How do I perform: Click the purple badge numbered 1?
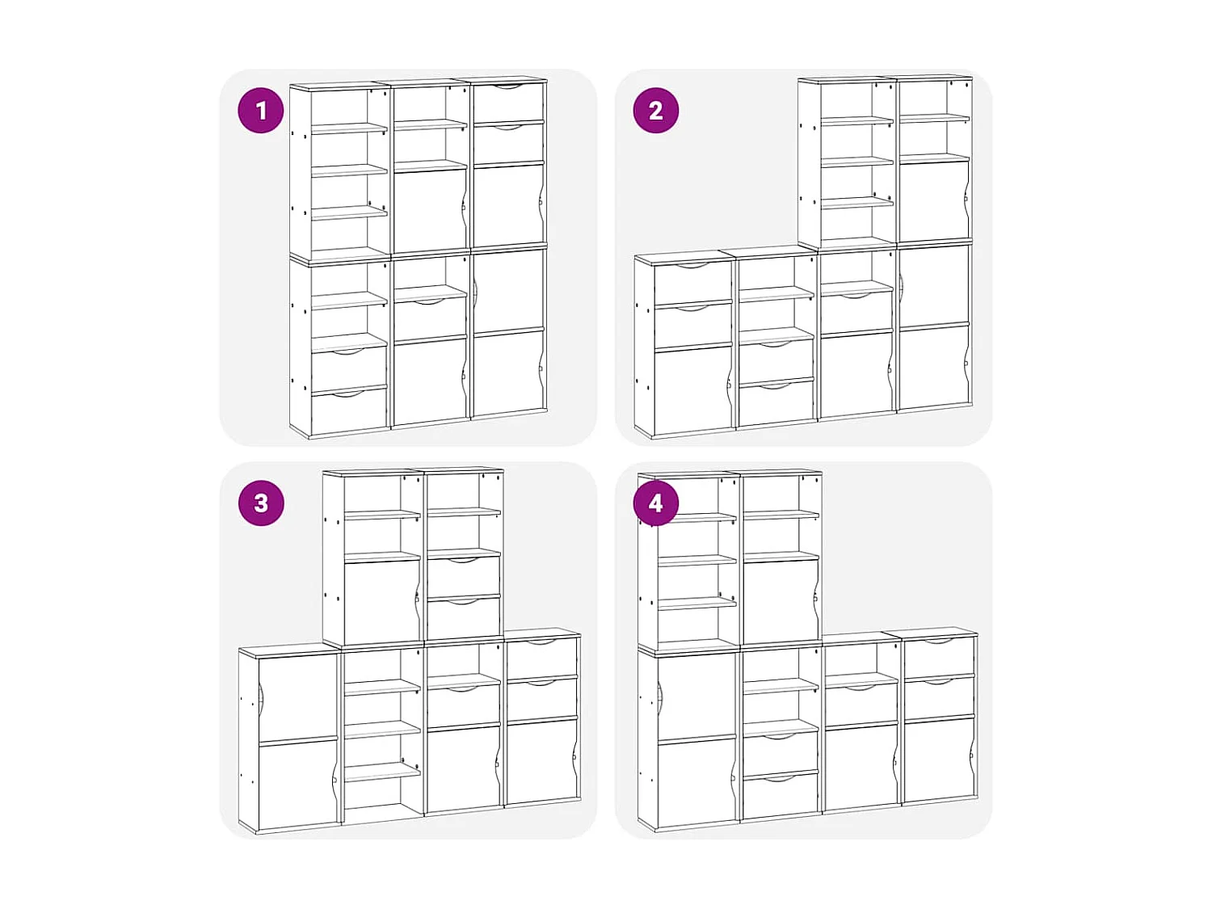point(260,111)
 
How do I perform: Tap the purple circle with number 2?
point(655,111)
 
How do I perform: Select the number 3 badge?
point(260,503)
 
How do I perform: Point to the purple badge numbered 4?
point(655,503)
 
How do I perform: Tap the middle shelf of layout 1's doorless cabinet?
point(349,170)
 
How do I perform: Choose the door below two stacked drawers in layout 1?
point(508,206)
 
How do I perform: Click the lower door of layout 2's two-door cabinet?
point(934,368)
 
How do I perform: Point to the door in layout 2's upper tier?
point(934,202)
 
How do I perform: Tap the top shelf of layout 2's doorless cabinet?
point(856,121)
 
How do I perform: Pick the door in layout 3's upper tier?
point(381,602)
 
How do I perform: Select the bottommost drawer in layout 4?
point(780,796)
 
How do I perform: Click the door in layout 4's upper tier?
point(780,602)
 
